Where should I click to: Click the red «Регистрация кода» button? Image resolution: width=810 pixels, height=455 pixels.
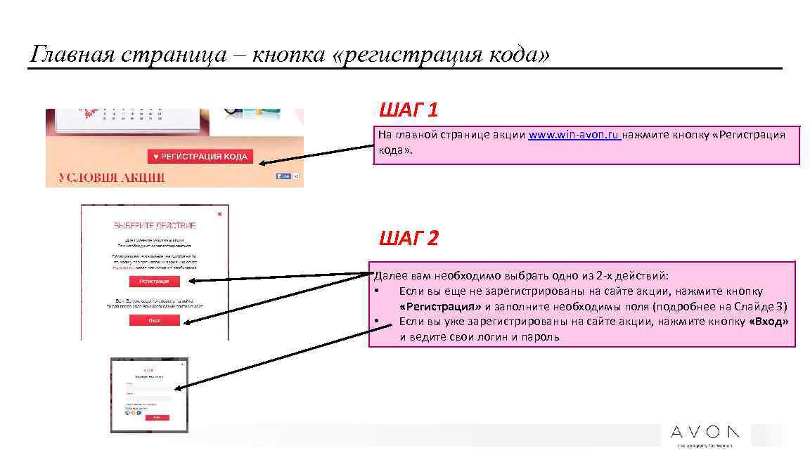pos(200,157)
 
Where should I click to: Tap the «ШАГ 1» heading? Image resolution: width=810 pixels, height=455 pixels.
pos(409,110)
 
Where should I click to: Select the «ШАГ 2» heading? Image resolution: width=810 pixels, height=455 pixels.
pos(409,239)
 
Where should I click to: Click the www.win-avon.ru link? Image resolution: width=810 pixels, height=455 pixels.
pos(574,135)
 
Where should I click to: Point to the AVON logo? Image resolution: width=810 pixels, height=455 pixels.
pos(705,432)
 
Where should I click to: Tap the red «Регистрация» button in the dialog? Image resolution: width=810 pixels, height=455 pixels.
pos(154,282)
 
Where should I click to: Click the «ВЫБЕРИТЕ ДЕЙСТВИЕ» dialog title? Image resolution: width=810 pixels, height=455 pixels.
pos(155,225)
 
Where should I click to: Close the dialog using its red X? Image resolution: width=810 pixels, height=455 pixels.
pos(219,213)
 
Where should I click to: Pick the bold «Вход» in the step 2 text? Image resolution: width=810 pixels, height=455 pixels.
pos(769,322)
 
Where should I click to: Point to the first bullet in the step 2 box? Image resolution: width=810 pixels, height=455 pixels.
pos(378,291)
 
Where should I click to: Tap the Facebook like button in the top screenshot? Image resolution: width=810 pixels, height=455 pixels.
pos(283,176)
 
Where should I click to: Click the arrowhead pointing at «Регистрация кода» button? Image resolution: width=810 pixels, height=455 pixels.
pos(262,164)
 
